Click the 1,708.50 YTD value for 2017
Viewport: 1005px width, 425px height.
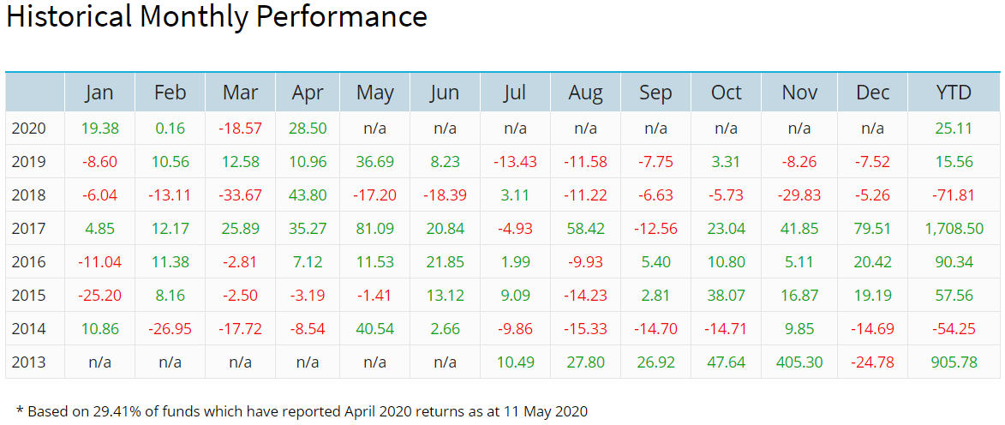[x=954, y=229]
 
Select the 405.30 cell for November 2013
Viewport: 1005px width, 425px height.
[x=799, y=362]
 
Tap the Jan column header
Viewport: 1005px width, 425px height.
[x=99, y=93]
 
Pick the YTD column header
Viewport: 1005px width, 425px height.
[x=954, y=93]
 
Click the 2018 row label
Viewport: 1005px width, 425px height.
[x=28, y=195]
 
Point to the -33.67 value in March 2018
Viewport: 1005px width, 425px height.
[x=240, y=195]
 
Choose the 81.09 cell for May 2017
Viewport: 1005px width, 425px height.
[x=375, y=229]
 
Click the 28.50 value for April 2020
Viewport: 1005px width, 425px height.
[x=308, y=129]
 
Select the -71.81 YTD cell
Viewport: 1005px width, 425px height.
[x=954, y=195]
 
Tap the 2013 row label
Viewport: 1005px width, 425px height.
[x=28, y=362]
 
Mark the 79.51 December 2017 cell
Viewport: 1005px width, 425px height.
[x=872, y=229]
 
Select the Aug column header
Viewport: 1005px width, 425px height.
[x=586, y=93]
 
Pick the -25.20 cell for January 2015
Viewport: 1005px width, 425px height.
[x=99, y=295]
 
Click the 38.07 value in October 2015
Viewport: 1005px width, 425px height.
[x=727, y=295]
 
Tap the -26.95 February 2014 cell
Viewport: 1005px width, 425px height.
[x=170, y=328]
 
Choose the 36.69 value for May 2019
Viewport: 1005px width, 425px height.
[x=375, y=162]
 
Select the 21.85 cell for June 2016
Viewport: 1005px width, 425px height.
[x=445, y=261]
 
